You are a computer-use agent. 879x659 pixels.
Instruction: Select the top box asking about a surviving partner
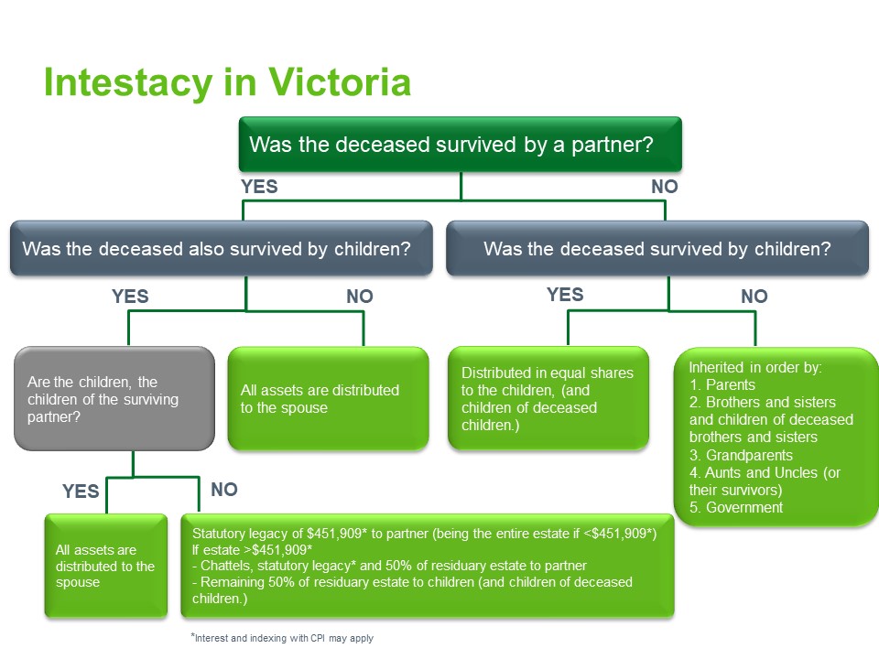(460, 145)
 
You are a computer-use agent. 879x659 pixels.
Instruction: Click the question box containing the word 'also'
(221, 248)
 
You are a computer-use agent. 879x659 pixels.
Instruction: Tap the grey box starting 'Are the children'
(108, 399)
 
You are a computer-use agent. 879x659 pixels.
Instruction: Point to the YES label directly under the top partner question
(259, 187)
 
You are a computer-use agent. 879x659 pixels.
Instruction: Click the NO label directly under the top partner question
(664, 187)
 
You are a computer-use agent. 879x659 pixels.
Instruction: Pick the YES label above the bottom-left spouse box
(81, 492)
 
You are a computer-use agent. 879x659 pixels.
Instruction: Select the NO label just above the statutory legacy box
(223, 490)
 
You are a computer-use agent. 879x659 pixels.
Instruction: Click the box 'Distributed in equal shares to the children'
(548, 398)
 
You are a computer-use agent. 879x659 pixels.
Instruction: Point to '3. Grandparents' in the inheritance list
(741, 455)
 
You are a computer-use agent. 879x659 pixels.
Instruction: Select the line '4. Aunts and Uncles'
(764, 473)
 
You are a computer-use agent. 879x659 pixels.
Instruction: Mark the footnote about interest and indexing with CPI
(281, 638)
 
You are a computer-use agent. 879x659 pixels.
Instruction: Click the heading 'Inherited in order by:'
(754, 367)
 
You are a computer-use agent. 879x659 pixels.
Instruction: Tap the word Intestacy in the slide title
(126, 83)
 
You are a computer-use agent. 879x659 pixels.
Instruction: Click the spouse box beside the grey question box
(328, 399)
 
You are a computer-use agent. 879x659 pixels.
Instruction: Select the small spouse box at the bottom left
(106, 566)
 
